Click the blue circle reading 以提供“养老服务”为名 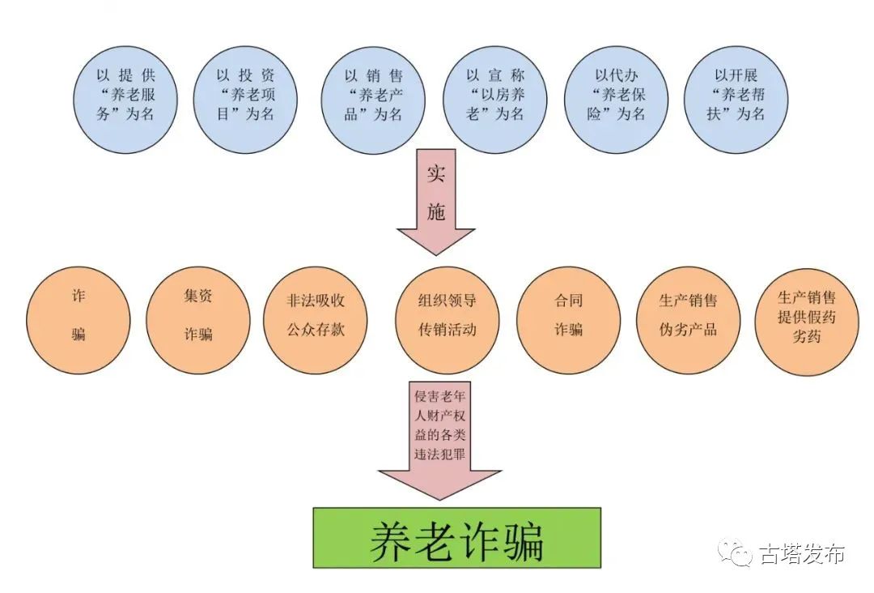pyautogui.click(x=125, y=100)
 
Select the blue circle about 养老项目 pyautogui.click(x=245, y=100)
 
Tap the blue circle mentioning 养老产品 pyautogui.click(x=373, y=100)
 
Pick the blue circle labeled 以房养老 pyautogui.click(x=495, y=100)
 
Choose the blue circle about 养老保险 pyautogui.click(x=616, y=100)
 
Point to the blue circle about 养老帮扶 pyautogui.click(x=736, y=100)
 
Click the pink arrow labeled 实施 pyautogui.click(x=436, y=202)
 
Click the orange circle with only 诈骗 pyautogui.click(x=78, y=320)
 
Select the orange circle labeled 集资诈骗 pyautogui.click(x=198, y=320)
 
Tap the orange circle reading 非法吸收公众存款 pyautogui.click(x=316, y=320)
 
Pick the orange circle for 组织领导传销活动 pyautogui.click(x=447, y=320)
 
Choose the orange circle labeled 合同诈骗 pyautogui.click(x=569, y=320)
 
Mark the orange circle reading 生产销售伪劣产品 pyautogui.click(x=689, y=320)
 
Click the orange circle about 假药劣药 pyautogui.click(x=807, y=320)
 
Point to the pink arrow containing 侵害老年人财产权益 pyautogui.click(x=439, y=441)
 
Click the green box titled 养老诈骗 pyautogui.click(x=457, y=538)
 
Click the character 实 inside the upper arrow pyautogui.click(x=436, y=174)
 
